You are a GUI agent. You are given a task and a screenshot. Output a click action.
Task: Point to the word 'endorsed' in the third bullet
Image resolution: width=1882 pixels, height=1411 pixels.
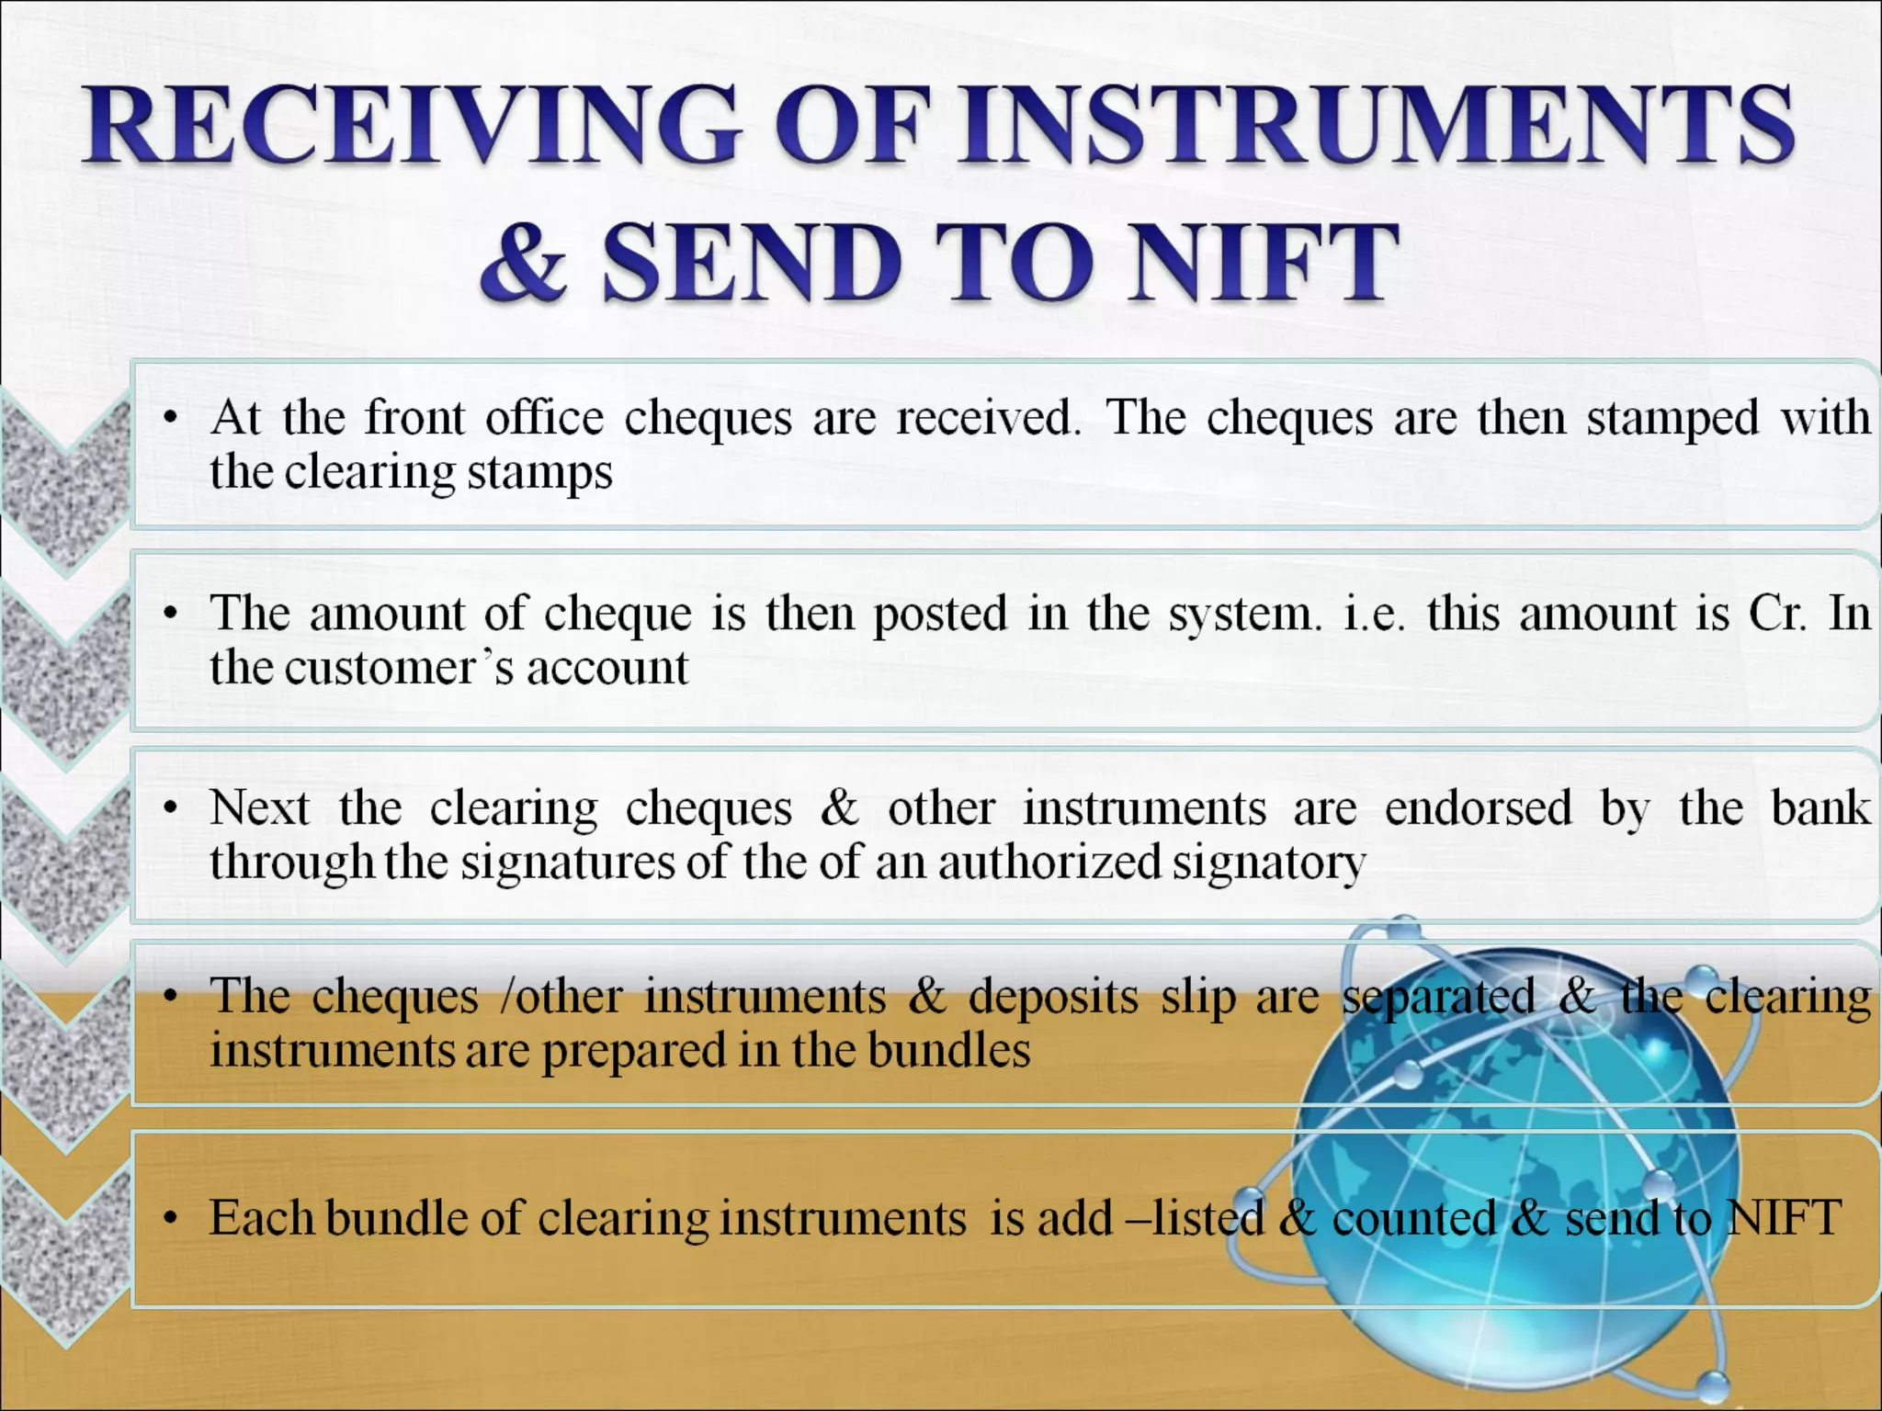pyautogui.click(x=1478, y=808)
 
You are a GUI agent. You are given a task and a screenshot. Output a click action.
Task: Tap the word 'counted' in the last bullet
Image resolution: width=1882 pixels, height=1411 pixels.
pyautogui.click(x=1414, y=1218)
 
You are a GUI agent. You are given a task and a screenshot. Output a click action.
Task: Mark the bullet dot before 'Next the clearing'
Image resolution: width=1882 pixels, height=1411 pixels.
pyautogui.click(x=169, y=809)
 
